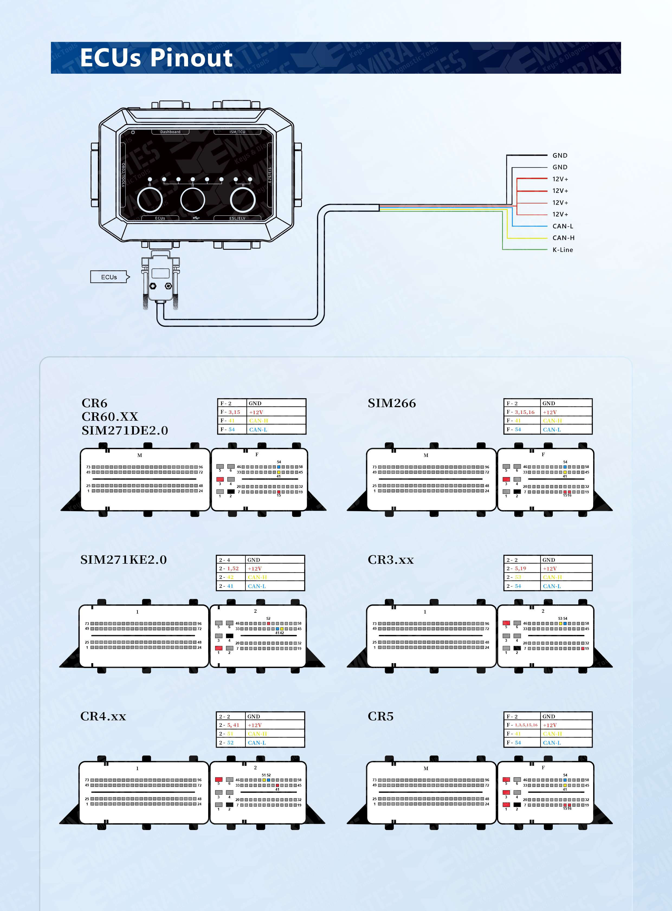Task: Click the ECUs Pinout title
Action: pos(156,57)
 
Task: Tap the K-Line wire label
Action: pos(563,250)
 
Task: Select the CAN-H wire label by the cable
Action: pos(563,238)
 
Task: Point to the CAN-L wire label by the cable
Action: pos(563,226)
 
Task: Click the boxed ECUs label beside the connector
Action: pos(109,277)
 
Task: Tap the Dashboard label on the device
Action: pos(170,132)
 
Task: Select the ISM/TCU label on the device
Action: pos(237,132)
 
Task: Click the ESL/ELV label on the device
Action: pos(237,218)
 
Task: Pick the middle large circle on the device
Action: pos(192,199)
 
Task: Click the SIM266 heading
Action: pos(392,403)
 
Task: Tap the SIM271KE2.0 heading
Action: pos(123,560)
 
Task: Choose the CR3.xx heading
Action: pos(390,560)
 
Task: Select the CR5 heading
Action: pos(380,716)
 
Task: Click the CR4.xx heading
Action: pos(103,716)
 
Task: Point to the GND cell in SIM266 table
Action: pos(566,403)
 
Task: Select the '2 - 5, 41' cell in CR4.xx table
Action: pos(231,725)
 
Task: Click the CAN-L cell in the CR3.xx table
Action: pos(566,586)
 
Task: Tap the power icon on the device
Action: pos(133,132)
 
